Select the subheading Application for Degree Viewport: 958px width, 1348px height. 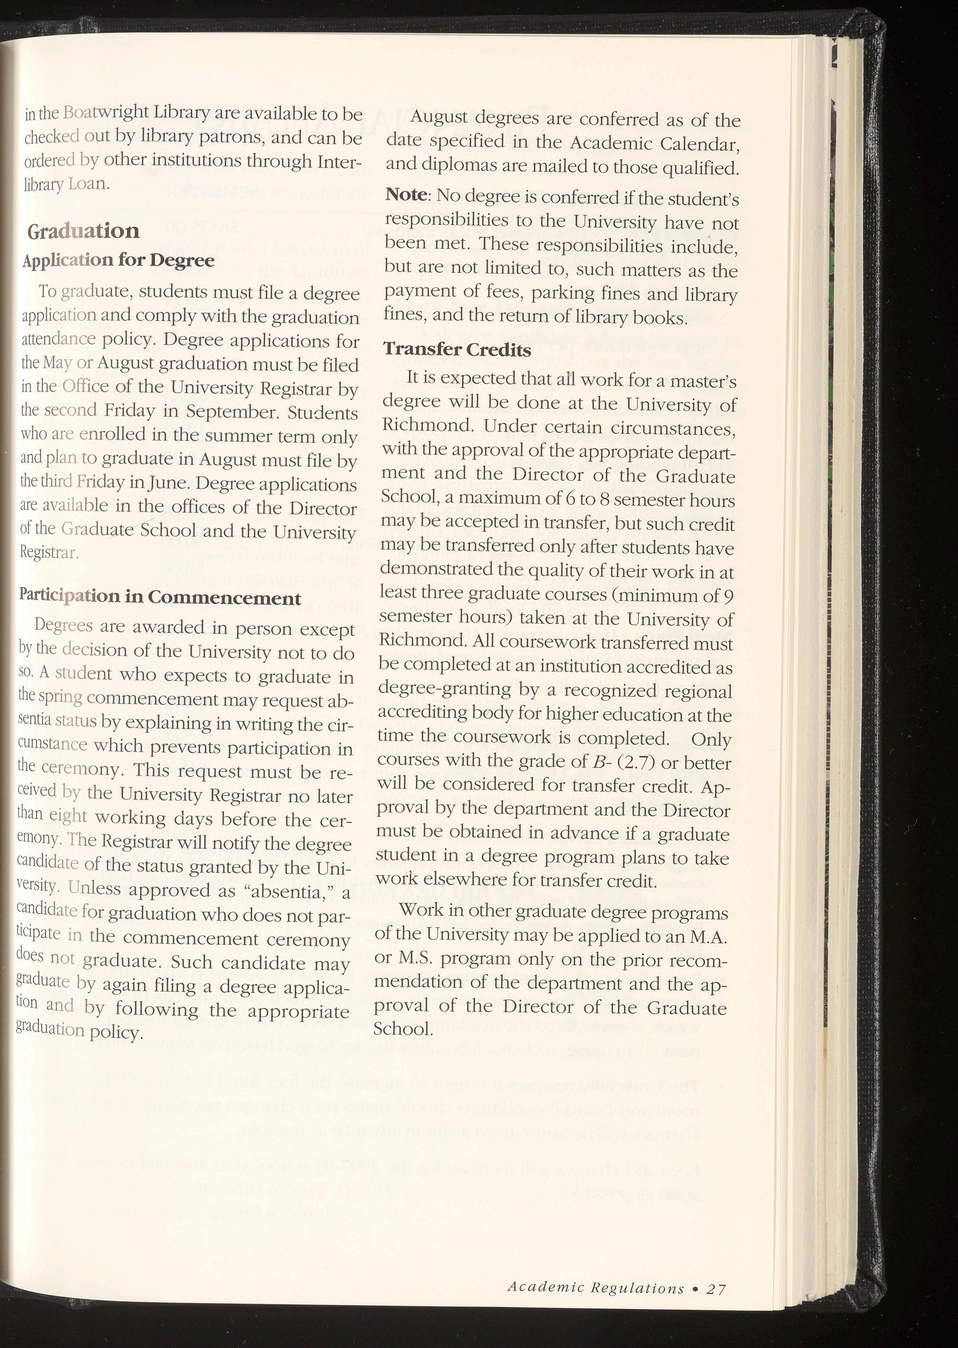click(118, 260)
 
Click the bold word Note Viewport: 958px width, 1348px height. click(405, 194)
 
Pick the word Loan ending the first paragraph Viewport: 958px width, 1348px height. click(88, 184)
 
